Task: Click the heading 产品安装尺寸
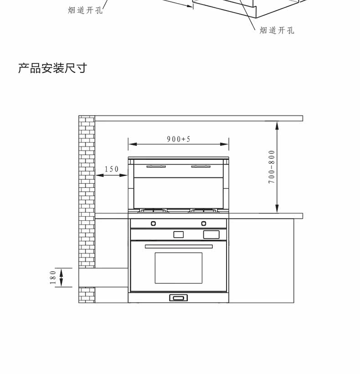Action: tap(52, 68)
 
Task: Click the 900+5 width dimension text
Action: tap(178, 139)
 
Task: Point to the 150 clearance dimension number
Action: tap(112, 169)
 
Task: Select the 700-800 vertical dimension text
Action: tap(272, 166)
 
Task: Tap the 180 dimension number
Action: tap(53, 277)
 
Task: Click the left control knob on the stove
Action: tap(154, 223)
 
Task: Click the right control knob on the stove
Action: tap(204, 223)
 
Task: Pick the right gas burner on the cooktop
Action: tap(204, 211)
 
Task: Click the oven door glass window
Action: tap(178, 268)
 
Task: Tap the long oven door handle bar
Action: tap(179, 246)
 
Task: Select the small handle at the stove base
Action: tap(178, 298)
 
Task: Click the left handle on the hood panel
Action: tap(156, 167)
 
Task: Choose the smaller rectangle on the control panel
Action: tap(178, 234)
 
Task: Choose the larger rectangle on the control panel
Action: tap(211, 234)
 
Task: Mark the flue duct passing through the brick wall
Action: tap(103, 277)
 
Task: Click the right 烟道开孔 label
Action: tap(277, 31)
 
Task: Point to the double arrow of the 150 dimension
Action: tap(112, 176)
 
